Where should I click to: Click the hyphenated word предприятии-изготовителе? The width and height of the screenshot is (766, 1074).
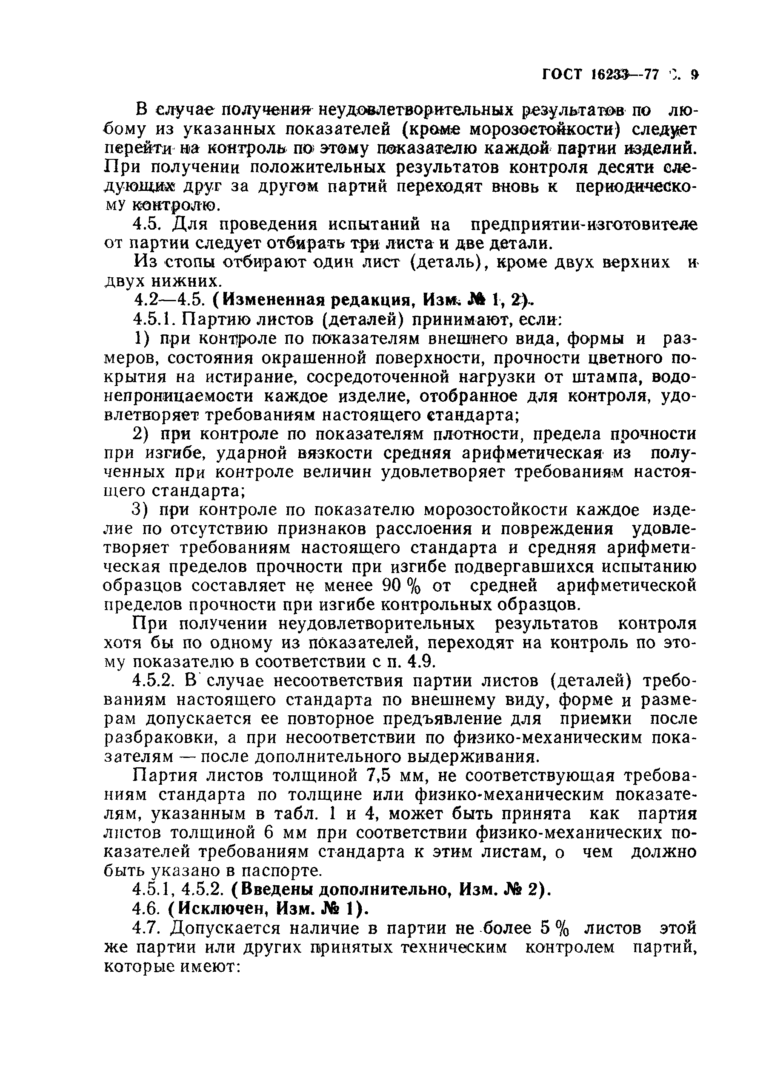(584, 224)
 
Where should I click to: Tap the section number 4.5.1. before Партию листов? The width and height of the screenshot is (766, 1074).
(155, 320)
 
